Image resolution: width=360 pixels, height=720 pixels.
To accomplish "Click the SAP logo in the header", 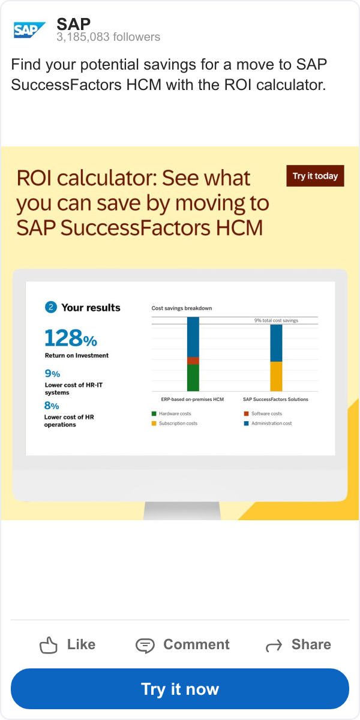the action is (29, 30).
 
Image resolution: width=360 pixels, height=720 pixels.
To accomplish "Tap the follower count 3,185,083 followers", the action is (109, 37).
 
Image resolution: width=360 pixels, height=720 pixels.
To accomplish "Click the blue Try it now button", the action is (180, 689).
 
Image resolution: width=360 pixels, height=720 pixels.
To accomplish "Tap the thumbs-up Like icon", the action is (48, 645).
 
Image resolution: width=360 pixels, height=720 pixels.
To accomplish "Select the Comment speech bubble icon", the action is (145, 646).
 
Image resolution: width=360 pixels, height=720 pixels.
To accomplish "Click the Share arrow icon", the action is (274, 646).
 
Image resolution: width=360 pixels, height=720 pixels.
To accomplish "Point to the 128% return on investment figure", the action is (71, 338).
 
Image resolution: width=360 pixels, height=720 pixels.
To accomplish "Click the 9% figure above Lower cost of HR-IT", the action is (52, 373).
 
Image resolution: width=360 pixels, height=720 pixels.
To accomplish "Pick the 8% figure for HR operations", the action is (52, 406).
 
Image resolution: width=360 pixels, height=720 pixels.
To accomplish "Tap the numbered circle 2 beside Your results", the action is (51, 307).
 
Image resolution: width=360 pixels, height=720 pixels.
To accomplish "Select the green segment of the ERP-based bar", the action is (193, 377).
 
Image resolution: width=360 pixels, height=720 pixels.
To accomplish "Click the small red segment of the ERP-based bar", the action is (193, 361).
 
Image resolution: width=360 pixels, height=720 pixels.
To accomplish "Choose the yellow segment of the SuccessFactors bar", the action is (276, 376).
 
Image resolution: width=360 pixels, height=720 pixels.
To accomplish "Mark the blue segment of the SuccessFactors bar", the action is (276, 343).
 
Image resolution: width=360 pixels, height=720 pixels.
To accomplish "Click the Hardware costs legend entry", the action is (172, 413).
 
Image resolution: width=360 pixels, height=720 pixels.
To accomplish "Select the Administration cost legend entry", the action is (268, 424).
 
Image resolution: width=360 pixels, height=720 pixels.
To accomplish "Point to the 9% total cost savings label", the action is (276, 320).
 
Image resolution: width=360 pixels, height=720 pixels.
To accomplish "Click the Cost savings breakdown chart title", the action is (182, 308).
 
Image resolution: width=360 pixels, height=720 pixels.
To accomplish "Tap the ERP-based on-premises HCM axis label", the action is (192, 399).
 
